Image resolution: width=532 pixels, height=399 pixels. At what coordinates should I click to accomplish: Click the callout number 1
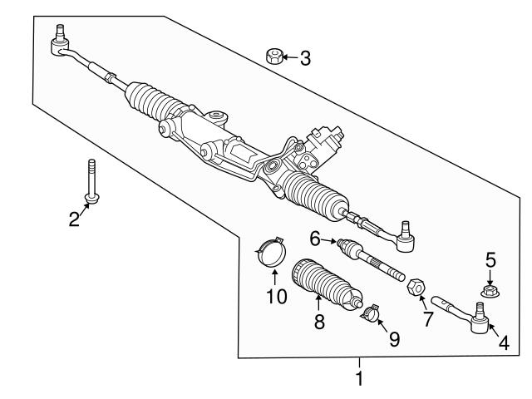tap(359, 379)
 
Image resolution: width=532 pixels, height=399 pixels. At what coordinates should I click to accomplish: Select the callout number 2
tap(74, 219)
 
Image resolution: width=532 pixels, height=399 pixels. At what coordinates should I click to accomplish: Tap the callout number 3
tap(305, 58)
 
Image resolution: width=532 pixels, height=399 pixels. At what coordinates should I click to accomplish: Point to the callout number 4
tap(503, 341)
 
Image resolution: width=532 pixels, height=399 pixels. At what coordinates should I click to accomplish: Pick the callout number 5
tap(490, 260)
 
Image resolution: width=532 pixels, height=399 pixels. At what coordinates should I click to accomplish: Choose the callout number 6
tap(316, 239)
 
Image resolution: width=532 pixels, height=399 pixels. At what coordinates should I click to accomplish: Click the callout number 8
tap(319, 322)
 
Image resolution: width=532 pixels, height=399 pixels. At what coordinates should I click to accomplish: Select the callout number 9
tap(393, 338)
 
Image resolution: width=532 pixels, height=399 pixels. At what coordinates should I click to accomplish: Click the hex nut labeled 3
tap(271, 57)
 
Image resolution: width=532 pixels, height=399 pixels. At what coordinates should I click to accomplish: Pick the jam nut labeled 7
tap(413, 288)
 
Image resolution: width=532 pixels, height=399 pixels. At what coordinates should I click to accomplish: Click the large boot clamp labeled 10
tap(270, 250)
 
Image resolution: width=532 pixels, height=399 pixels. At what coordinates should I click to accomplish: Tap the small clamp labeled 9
tap(370, 313)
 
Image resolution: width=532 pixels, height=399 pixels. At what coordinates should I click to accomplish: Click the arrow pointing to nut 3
tap(287, 57)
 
